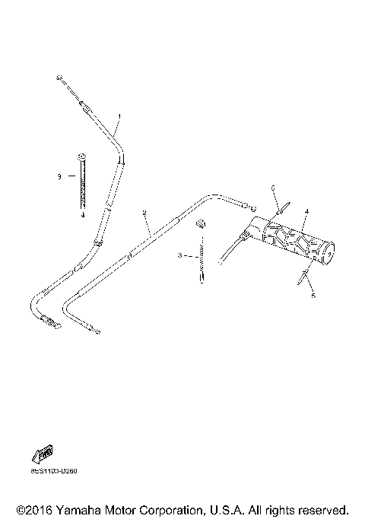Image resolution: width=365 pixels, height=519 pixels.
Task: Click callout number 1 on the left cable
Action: point(119,116)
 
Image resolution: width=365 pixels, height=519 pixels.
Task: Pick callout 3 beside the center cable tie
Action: point(180,256)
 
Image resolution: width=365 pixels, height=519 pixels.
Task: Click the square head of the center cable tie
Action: point(201,223)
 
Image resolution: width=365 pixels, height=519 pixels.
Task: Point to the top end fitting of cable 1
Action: point(59,78)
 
